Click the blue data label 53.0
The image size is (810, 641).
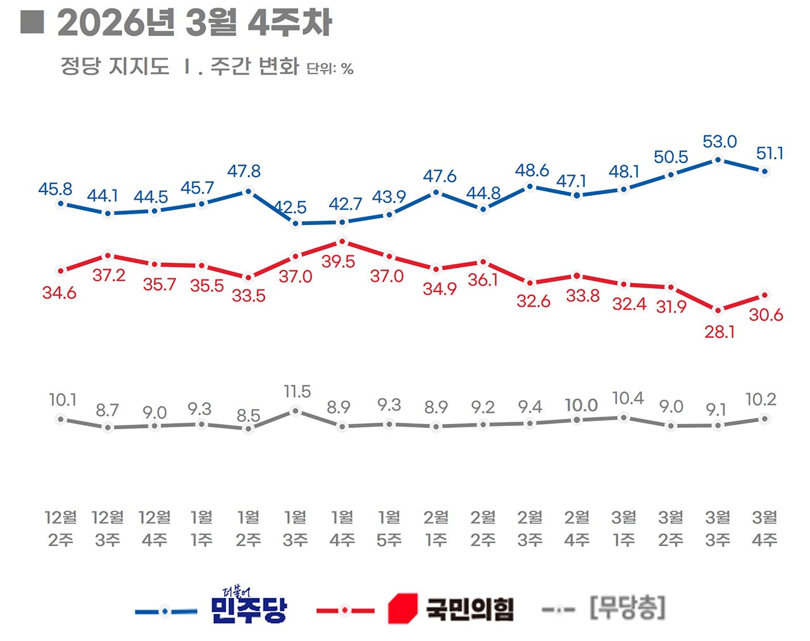tap(720, 142)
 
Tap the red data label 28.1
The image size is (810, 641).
tap(720, 331)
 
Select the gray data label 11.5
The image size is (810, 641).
tap(297, 392)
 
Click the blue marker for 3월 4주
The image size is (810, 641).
tap(764, 171)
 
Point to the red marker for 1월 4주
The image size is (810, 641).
tap(342, 241)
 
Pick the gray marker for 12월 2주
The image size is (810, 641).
tap(61, 419)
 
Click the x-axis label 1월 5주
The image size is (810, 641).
tap(389, 528)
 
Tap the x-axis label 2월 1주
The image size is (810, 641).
tap(436, 528)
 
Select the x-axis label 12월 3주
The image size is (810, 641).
tap(108, 528)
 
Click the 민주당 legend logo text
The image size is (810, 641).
tap(248, 606)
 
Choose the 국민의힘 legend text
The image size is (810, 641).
tap(469, 609)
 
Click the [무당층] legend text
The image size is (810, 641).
tap(627, 608)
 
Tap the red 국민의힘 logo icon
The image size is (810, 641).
tap(402, 609)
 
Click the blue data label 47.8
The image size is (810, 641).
tap(244, 171)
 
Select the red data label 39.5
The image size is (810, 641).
tap(338, 262)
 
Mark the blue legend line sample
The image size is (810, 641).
tap(166, 611)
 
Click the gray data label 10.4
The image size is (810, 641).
tap(628, 398)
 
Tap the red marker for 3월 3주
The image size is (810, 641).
tap(718, 310)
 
